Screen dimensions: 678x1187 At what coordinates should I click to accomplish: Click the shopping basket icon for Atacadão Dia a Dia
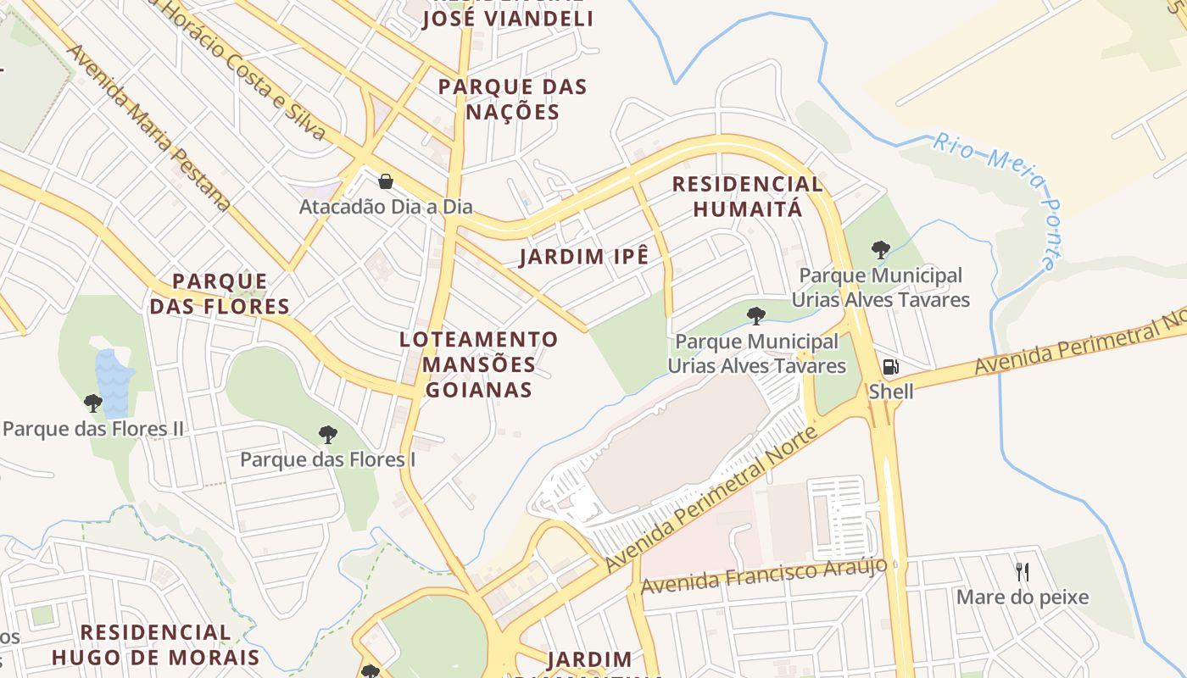click(x=386, y=181)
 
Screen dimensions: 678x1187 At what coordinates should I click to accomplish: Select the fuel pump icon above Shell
click(x=890, y=367)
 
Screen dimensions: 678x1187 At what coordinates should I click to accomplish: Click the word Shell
click(x=890, y=392)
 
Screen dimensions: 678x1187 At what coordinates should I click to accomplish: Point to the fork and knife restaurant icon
click(x=1023, y=572)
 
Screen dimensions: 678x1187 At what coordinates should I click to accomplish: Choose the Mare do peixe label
click(x=1023, y=597)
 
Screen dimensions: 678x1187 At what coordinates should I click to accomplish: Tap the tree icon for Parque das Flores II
click(x=93, y=403)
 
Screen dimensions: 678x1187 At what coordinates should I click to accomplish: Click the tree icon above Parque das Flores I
click(x=328, y=435)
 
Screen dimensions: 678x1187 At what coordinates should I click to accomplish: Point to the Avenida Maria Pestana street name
click(x=148, y=127)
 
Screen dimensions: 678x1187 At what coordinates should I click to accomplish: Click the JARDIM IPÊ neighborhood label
click(x=584, y=257)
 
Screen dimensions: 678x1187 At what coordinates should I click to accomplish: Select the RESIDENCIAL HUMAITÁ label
click(x=747, y=197)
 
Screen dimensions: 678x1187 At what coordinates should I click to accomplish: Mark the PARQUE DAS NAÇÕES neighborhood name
click(x=512, y=99)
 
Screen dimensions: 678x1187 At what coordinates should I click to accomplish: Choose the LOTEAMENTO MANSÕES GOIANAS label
click(x=479, y=364)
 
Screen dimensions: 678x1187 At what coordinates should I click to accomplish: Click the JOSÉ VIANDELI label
click(x=508, y=19)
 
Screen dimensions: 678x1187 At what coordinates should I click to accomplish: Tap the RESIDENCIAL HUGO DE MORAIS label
click(x=155, y=645)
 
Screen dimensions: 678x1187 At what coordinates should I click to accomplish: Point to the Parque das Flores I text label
click(x=328, y=460)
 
